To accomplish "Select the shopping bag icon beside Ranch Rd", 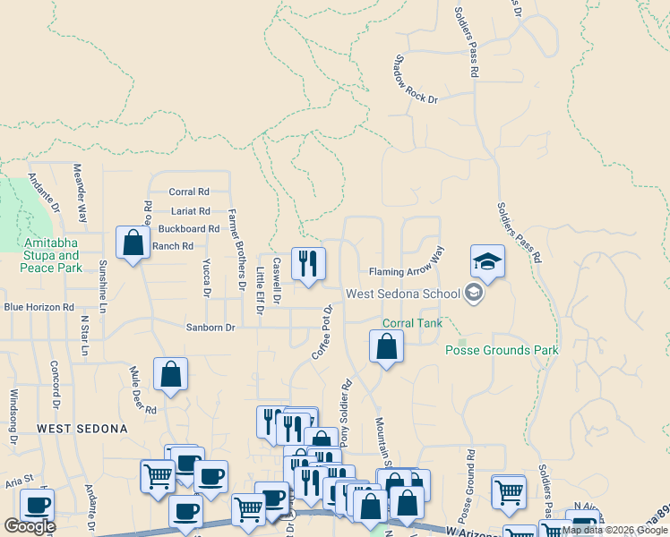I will (x=133, y=243).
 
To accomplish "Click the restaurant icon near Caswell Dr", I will (x=308, y=264).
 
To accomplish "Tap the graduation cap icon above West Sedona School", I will (x=487, y=261).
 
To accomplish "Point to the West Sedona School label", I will (x=403, y=294).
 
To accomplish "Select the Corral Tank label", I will (x=412, y=322).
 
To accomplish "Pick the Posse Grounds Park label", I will (x=502, y=350).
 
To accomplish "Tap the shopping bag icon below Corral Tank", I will (x=386, y=346).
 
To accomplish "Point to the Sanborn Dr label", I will (x=210, y=328).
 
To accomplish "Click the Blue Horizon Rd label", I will (x=39, y=307).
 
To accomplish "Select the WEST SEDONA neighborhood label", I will (x=82, y=430).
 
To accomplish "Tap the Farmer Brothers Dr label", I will (x=236, y=250).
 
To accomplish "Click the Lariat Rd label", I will (x=190, y=211).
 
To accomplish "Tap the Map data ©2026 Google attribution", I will (x=614, y=530).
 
